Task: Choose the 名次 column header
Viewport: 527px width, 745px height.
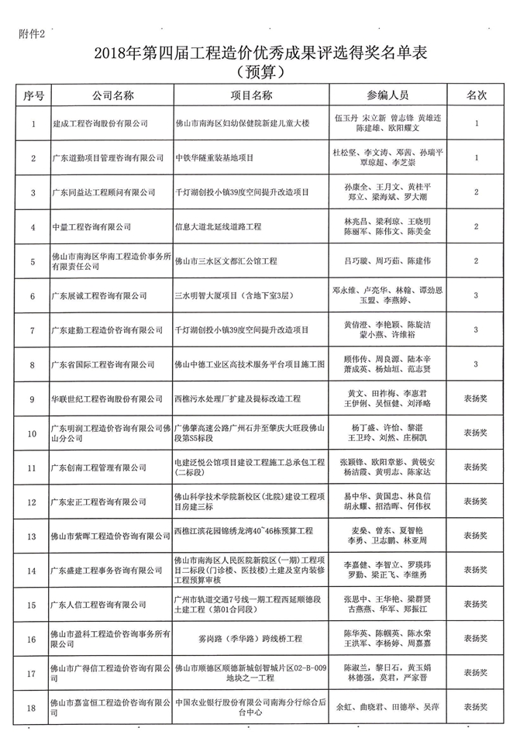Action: pos(475,96)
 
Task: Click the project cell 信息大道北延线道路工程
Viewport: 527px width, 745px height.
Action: pos(219,226)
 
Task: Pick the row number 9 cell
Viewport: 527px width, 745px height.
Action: pos(33,398)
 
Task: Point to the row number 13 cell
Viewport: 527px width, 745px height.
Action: pos(33,536)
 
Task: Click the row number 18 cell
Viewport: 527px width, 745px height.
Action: pos(33,707)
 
